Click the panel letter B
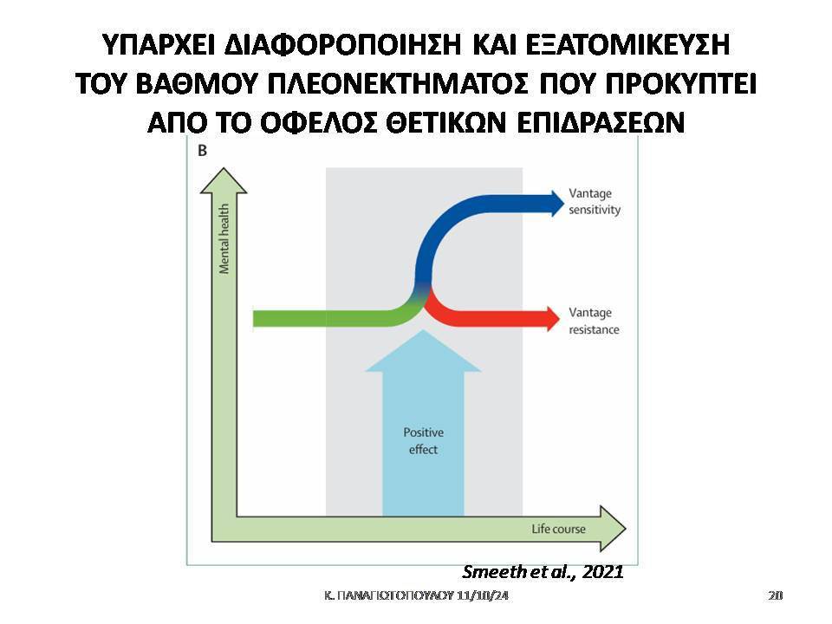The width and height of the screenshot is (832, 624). [202, 151]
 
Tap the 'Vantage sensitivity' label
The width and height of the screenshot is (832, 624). [595, 202]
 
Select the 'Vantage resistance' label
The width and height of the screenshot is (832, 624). [594, 321]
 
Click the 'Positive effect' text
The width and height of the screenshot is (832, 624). [424, 441]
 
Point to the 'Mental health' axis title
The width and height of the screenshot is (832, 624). [224, 239]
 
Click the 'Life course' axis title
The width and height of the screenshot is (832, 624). [558, 529]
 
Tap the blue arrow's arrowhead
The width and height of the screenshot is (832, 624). [557, 203]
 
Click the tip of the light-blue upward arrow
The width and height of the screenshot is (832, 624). [423, 330]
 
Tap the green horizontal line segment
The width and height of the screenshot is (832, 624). [323, 319]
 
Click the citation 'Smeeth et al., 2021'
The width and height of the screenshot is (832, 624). [543, 571]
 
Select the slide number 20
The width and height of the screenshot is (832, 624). [775, 595]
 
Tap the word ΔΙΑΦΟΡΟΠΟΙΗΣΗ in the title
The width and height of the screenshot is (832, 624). [343, 45]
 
